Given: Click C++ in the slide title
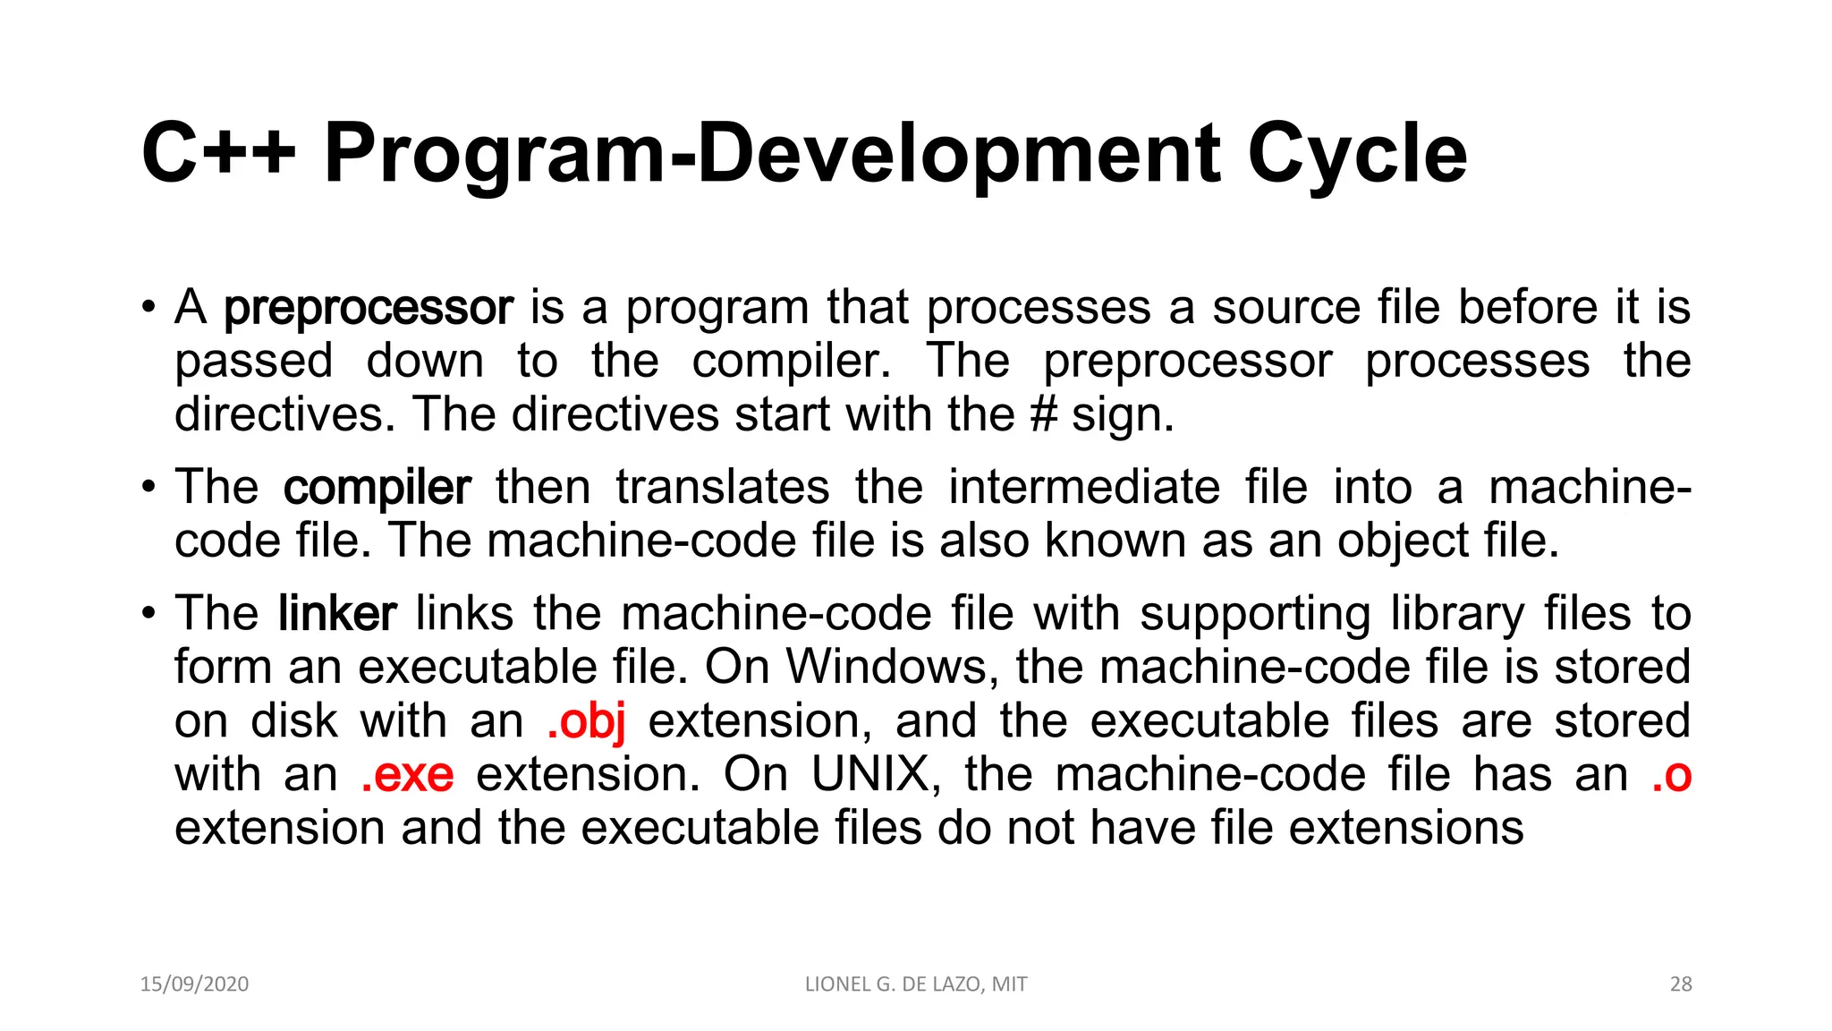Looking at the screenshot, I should pos(218,154).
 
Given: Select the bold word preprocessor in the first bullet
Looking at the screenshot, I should pos(369,309).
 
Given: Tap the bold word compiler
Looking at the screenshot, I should pos(377,488).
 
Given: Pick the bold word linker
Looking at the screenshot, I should pos(337,614).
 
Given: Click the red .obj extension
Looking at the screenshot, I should pos(586,721).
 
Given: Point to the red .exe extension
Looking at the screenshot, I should pos(407,775).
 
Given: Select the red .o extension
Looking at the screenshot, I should pos(1671,775).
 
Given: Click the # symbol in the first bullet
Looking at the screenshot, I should pos(1043,415).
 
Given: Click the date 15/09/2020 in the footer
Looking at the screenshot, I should pos(194,984).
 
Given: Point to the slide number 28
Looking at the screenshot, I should pos(1681,984).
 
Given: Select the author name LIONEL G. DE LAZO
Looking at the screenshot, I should pos(894,984).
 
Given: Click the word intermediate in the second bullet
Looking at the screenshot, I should pos(1084,488).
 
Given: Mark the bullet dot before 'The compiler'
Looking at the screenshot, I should pos(148,489).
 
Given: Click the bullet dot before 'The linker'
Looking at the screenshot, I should pos(148,615).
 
